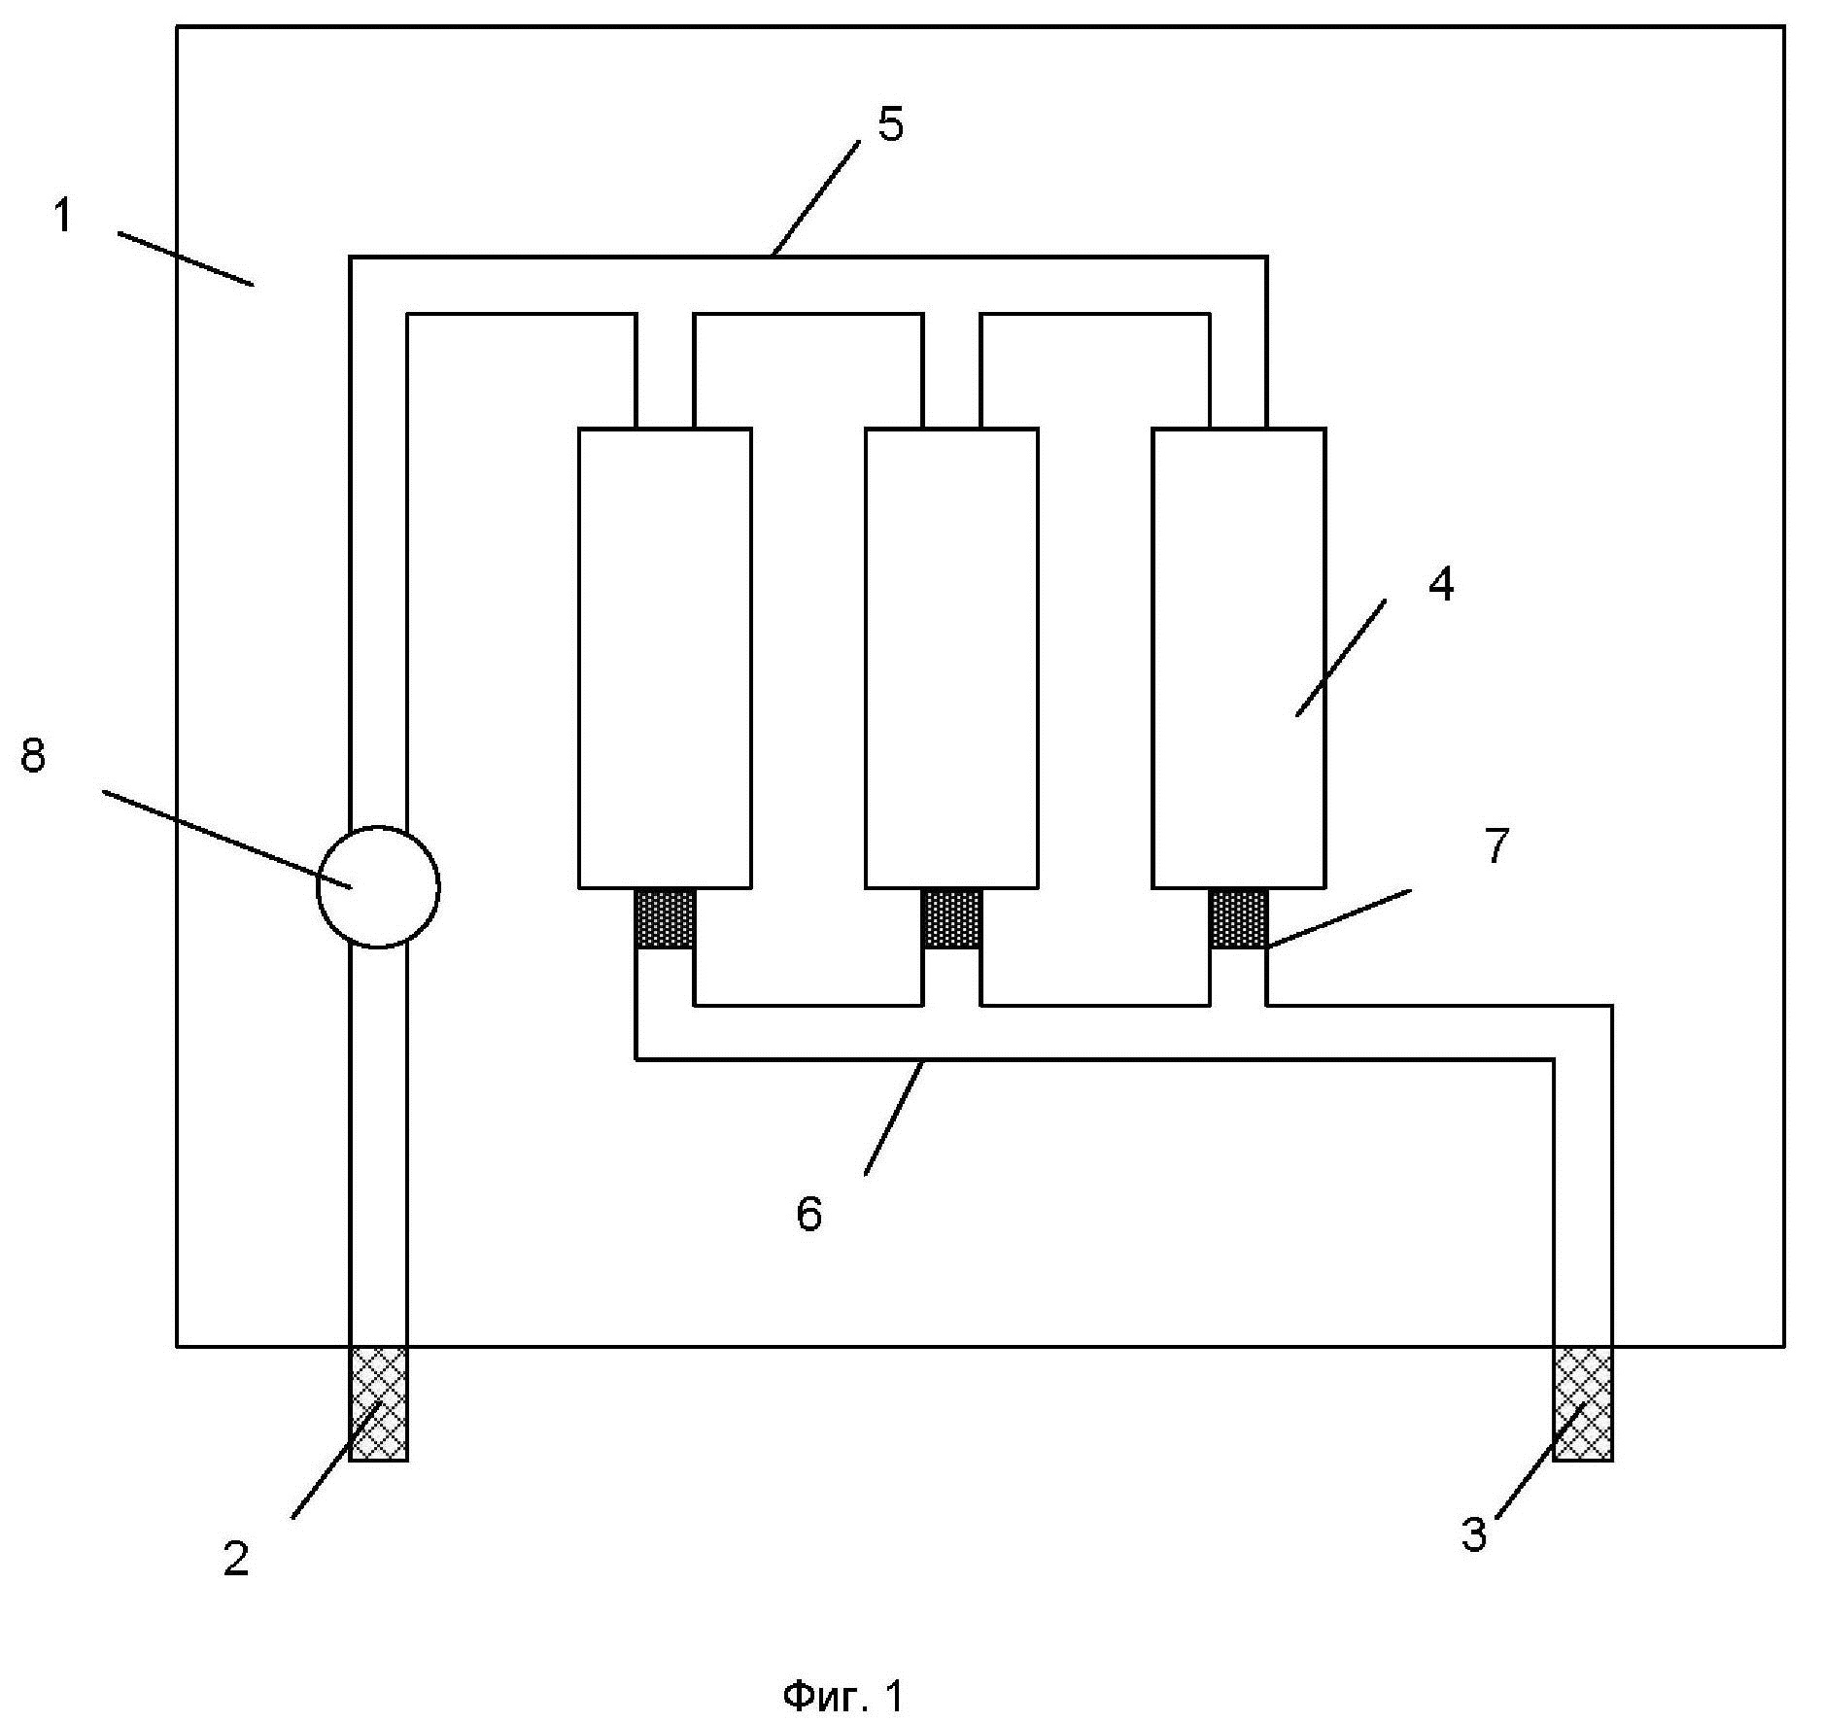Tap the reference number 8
(x=34, y=755)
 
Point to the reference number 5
(x=890, y=125)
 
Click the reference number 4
(x=1441, y=585)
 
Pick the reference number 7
(x=1496, y=845)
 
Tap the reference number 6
(x=809, y=1214)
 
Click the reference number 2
(x=236, y=1559)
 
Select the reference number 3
(x=1474, y=1534)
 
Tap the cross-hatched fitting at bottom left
(x=378, y=1402)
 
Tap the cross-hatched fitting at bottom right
(x=1583, y=1402)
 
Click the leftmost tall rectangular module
(x=666, y=658)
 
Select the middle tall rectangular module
(x=952, y=658)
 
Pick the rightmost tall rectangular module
(x=1239, y=658)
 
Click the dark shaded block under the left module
(x=666, y=918)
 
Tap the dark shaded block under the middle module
(x=952, y=918)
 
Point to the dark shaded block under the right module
(x=1239, y=918)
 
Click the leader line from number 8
(x=226, y=839)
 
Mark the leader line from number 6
(x=894, y=1118)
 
